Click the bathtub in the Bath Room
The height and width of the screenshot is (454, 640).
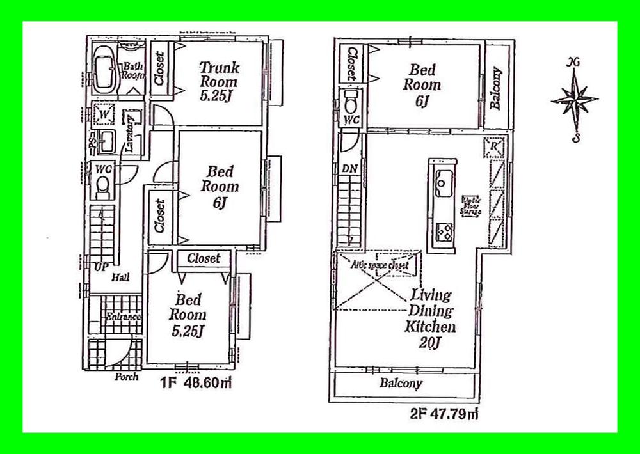tap(104, 69)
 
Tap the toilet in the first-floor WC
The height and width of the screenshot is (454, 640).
tap(102, 185)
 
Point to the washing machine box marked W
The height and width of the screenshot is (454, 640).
tap(103, 115)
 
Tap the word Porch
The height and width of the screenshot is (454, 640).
tap(126, 377)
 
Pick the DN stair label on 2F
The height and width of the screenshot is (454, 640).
tap(349, 168)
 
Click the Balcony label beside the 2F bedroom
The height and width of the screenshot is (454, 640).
tap(496, 89)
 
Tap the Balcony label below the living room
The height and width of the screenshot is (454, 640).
tap(400, 384)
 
